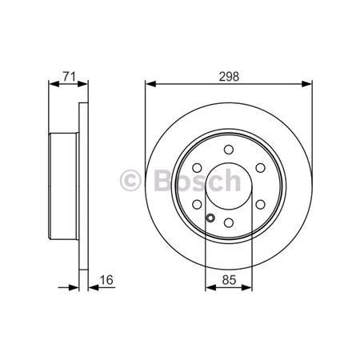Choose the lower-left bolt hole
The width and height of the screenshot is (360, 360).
(197, 206)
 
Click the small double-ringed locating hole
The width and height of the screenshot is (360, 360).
(209, 220)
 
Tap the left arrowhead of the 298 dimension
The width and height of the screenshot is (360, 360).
(149, 84)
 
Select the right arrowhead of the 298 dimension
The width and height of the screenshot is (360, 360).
(309, 84)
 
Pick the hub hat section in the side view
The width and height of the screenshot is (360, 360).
(64, 186)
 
